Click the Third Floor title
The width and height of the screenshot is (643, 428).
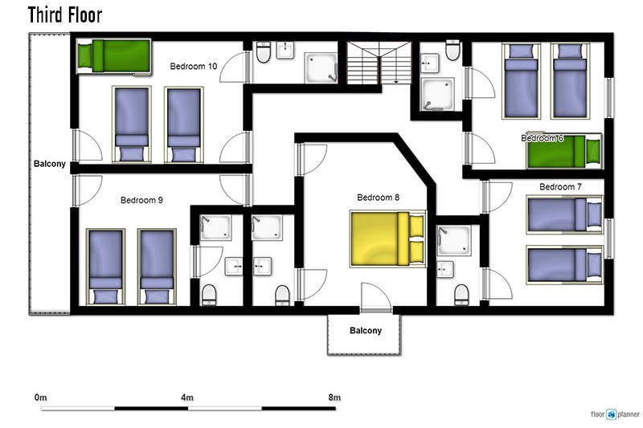(65, 14)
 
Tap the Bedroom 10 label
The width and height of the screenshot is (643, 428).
(194, 66)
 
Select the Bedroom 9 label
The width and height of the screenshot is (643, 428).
(141, 200)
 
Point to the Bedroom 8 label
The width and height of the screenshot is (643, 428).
(378, 198)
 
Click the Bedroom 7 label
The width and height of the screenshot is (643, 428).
(560, 187)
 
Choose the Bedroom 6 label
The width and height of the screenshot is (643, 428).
(542, 138)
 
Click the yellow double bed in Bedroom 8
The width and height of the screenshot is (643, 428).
(388, 238)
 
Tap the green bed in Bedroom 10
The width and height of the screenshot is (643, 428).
(113, 56)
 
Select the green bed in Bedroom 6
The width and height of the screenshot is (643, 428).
(564, 151)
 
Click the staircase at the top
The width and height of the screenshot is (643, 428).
(379, 63)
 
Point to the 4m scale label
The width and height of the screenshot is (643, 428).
(187, 397)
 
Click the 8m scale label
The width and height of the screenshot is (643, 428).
(334, 397)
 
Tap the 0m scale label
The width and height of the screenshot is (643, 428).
(41, 397)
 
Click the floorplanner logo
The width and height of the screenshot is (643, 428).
(615, 414)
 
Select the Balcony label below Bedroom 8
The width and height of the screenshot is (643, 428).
(366, 331)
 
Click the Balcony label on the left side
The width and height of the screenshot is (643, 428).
(50, 164)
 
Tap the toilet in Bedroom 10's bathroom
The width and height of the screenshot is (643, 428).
(264, 51)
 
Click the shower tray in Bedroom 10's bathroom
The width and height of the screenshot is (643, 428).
(321, 67)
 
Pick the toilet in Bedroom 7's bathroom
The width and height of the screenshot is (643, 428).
(461, 295)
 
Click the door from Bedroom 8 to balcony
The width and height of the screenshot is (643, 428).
(376, 298)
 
